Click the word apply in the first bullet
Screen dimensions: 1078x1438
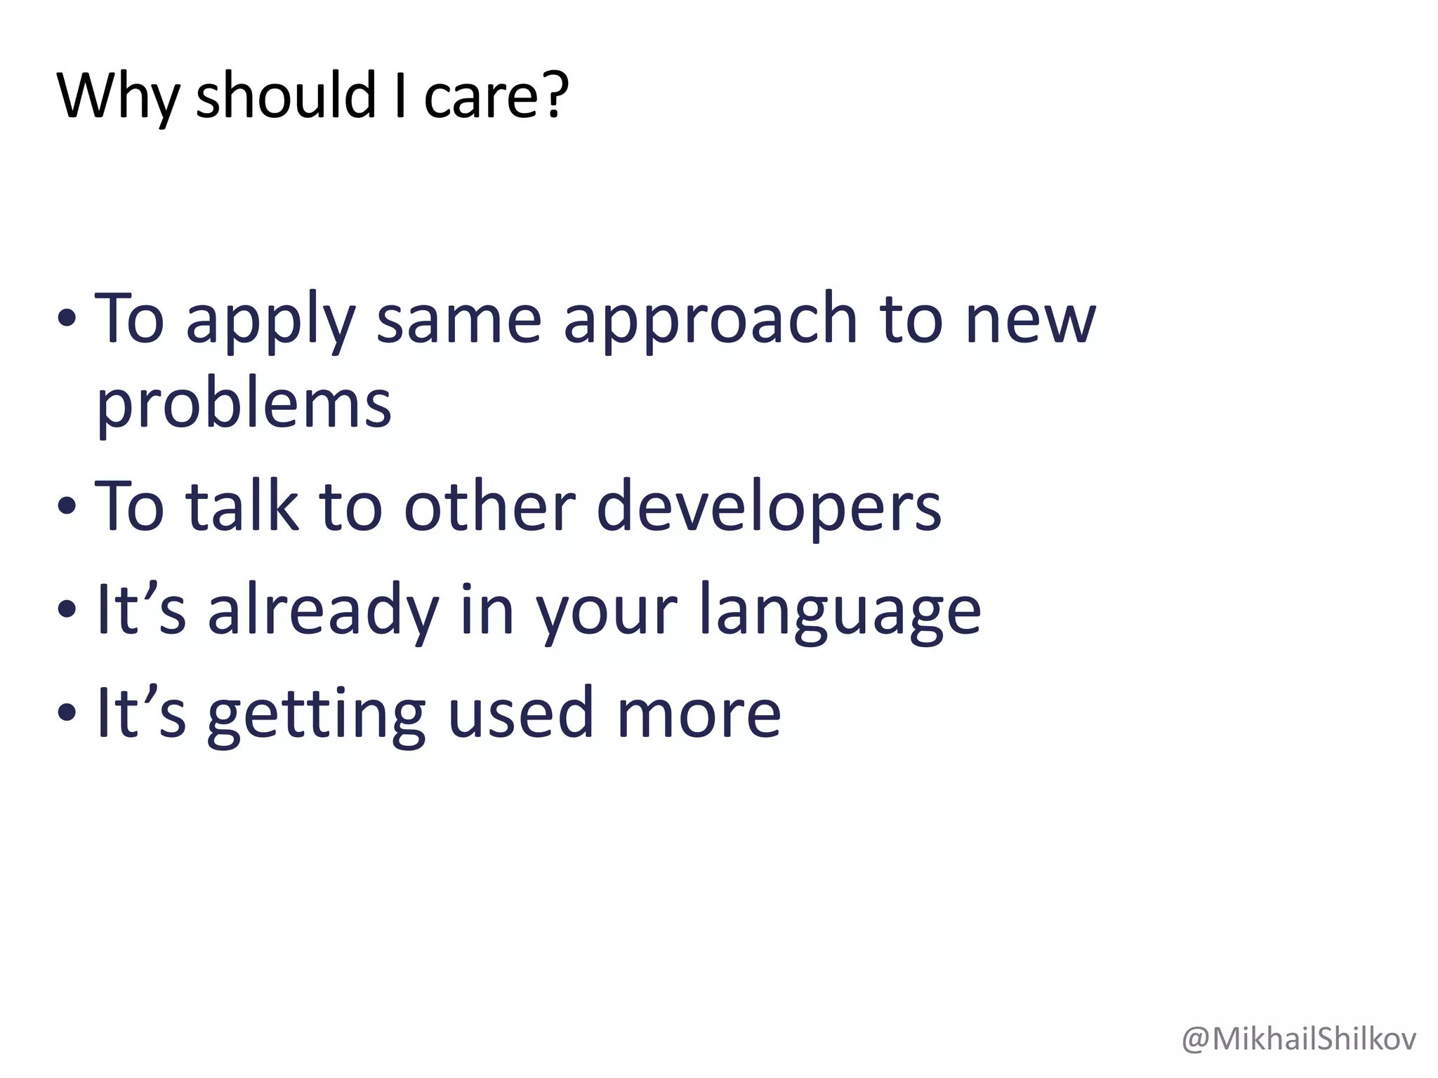point(270,321)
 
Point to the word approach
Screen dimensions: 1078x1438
point(710,321)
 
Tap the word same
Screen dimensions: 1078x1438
point(459,321)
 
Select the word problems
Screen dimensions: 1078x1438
point(243,405)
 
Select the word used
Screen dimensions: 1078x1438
point(520,712)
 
